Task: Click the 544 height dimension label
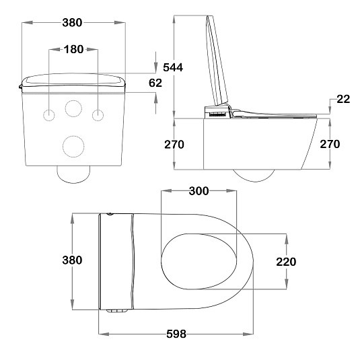tap(173, 67)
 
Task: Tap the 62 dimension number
tap(155, 83)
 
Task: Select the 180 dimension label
tap(73, 49)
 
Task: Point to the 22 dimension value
tap(343, 99)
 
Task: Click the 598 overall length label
tap(176, 334)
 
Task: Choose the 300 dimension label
tap(199, 191)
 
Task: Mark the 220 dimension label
tap(286, 262)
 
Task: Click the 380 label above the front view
tap(72, 23)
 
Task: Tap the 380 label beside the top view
tap(72, 260)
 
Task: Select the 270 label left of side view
tap(174, 145)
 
